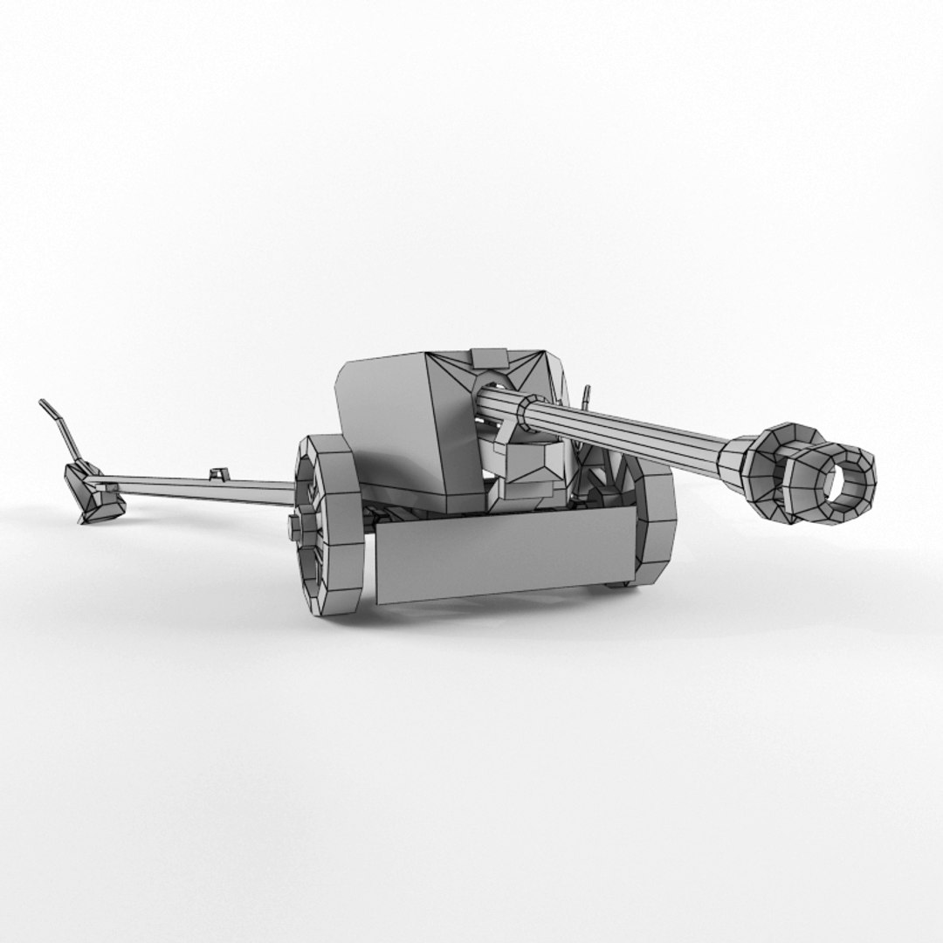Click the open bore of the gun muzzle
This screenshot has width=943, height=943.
click(844, 485)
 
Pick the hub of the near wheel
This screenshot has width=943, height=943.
click(296, 526)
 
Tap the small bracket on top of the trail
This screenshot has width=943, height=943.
click(218, 474)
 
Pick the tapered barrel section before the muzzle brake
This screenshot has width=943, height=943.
click(733, 458)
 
